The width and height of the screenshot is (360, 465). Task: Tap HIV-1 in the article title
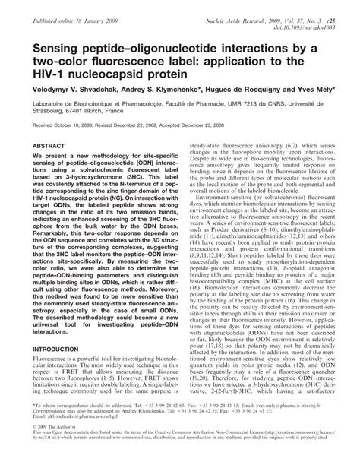[47, 74]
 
